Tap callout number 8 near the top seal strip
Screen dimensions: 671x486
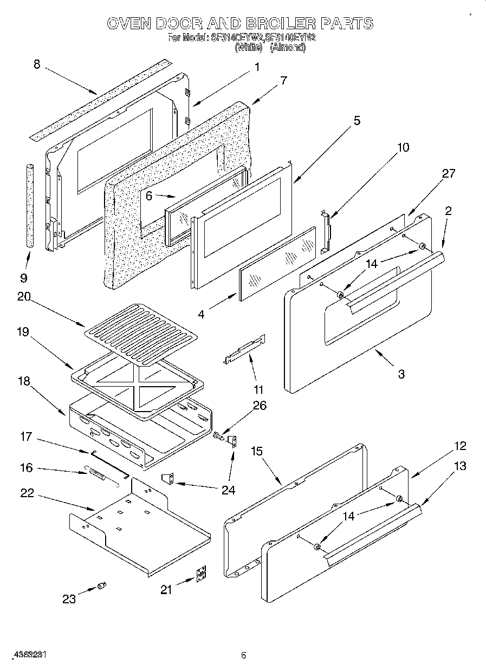(x=37, y=64)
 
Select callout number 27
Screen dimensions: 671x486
(x=448, y=174)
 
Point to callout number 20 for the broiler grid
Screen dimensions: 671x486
(x=23, y=297)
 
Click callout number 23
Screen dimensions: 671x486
(x=69, y=599)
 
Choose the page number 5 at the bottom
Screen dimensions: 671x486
(x=244, y=655)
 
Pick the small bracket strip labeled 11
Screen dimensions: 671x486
(x=245, y=349)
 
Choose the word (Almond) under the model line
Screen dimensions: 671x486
(x=288, y=48)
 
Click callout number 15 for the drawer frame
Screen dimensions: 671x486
(x=257, y=451)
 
